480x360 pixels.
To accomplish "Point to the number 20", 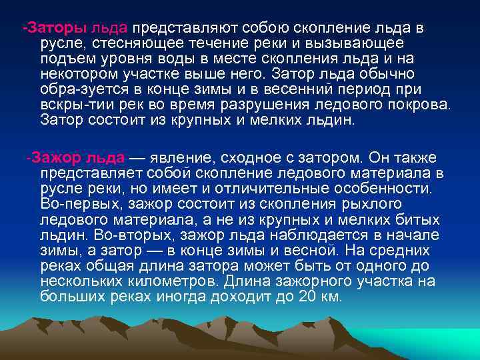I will [307, 296].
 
